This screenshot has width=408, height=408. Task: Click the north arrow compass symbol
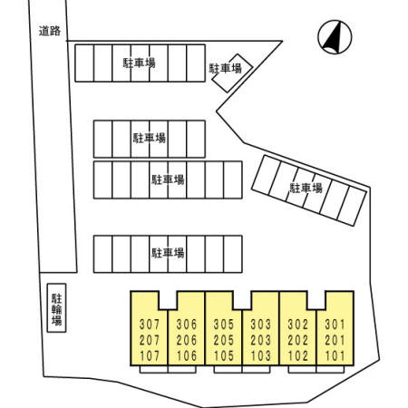[x=335, y=37]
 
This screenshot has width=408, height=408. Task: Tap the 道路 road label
[x=50, y=31]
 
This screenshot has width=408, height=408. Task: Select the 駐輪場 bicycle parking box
[x=56, y=308]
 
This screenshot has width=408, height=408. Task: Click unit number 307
[x=150, y=325]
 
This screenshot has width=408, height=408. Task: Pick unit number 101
[x=335, y=356]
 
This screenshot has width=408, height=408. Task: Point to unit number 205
[x=224, y=340]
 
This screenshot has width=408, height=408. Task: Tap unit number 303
[x=260, y=325]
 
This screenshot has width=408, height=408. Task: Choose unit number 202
[x=298, y=340]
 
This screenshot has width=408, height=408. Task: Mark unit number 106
[x=187, y=356]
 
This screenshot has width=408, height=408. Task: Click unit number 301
[x=335, y=325]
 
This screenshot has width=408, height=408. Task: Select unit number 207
[x=150, y=340]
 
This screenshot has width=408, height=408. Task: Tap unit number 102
[x=298, y=356]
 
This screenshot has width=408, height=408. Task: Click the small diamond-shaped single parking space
[x=232, y=73]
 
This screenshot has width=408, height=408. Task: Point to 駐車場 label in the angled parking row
[x=306, y=188]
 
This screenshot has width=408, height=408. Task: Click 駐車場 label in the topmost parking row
[x=139, y=63]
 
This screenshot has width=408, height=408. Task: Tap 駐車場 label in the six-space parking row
[x=150, y=138]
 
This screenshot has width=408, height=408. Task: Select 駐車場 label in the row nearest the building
[x=168, y=253]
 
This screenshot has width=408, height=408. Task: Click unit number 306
[x=187, y=325]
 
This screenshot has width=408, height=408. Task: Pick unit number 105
[x=224, y=356]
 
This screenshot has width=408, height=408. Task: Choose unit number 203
[x=260, y=340]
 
